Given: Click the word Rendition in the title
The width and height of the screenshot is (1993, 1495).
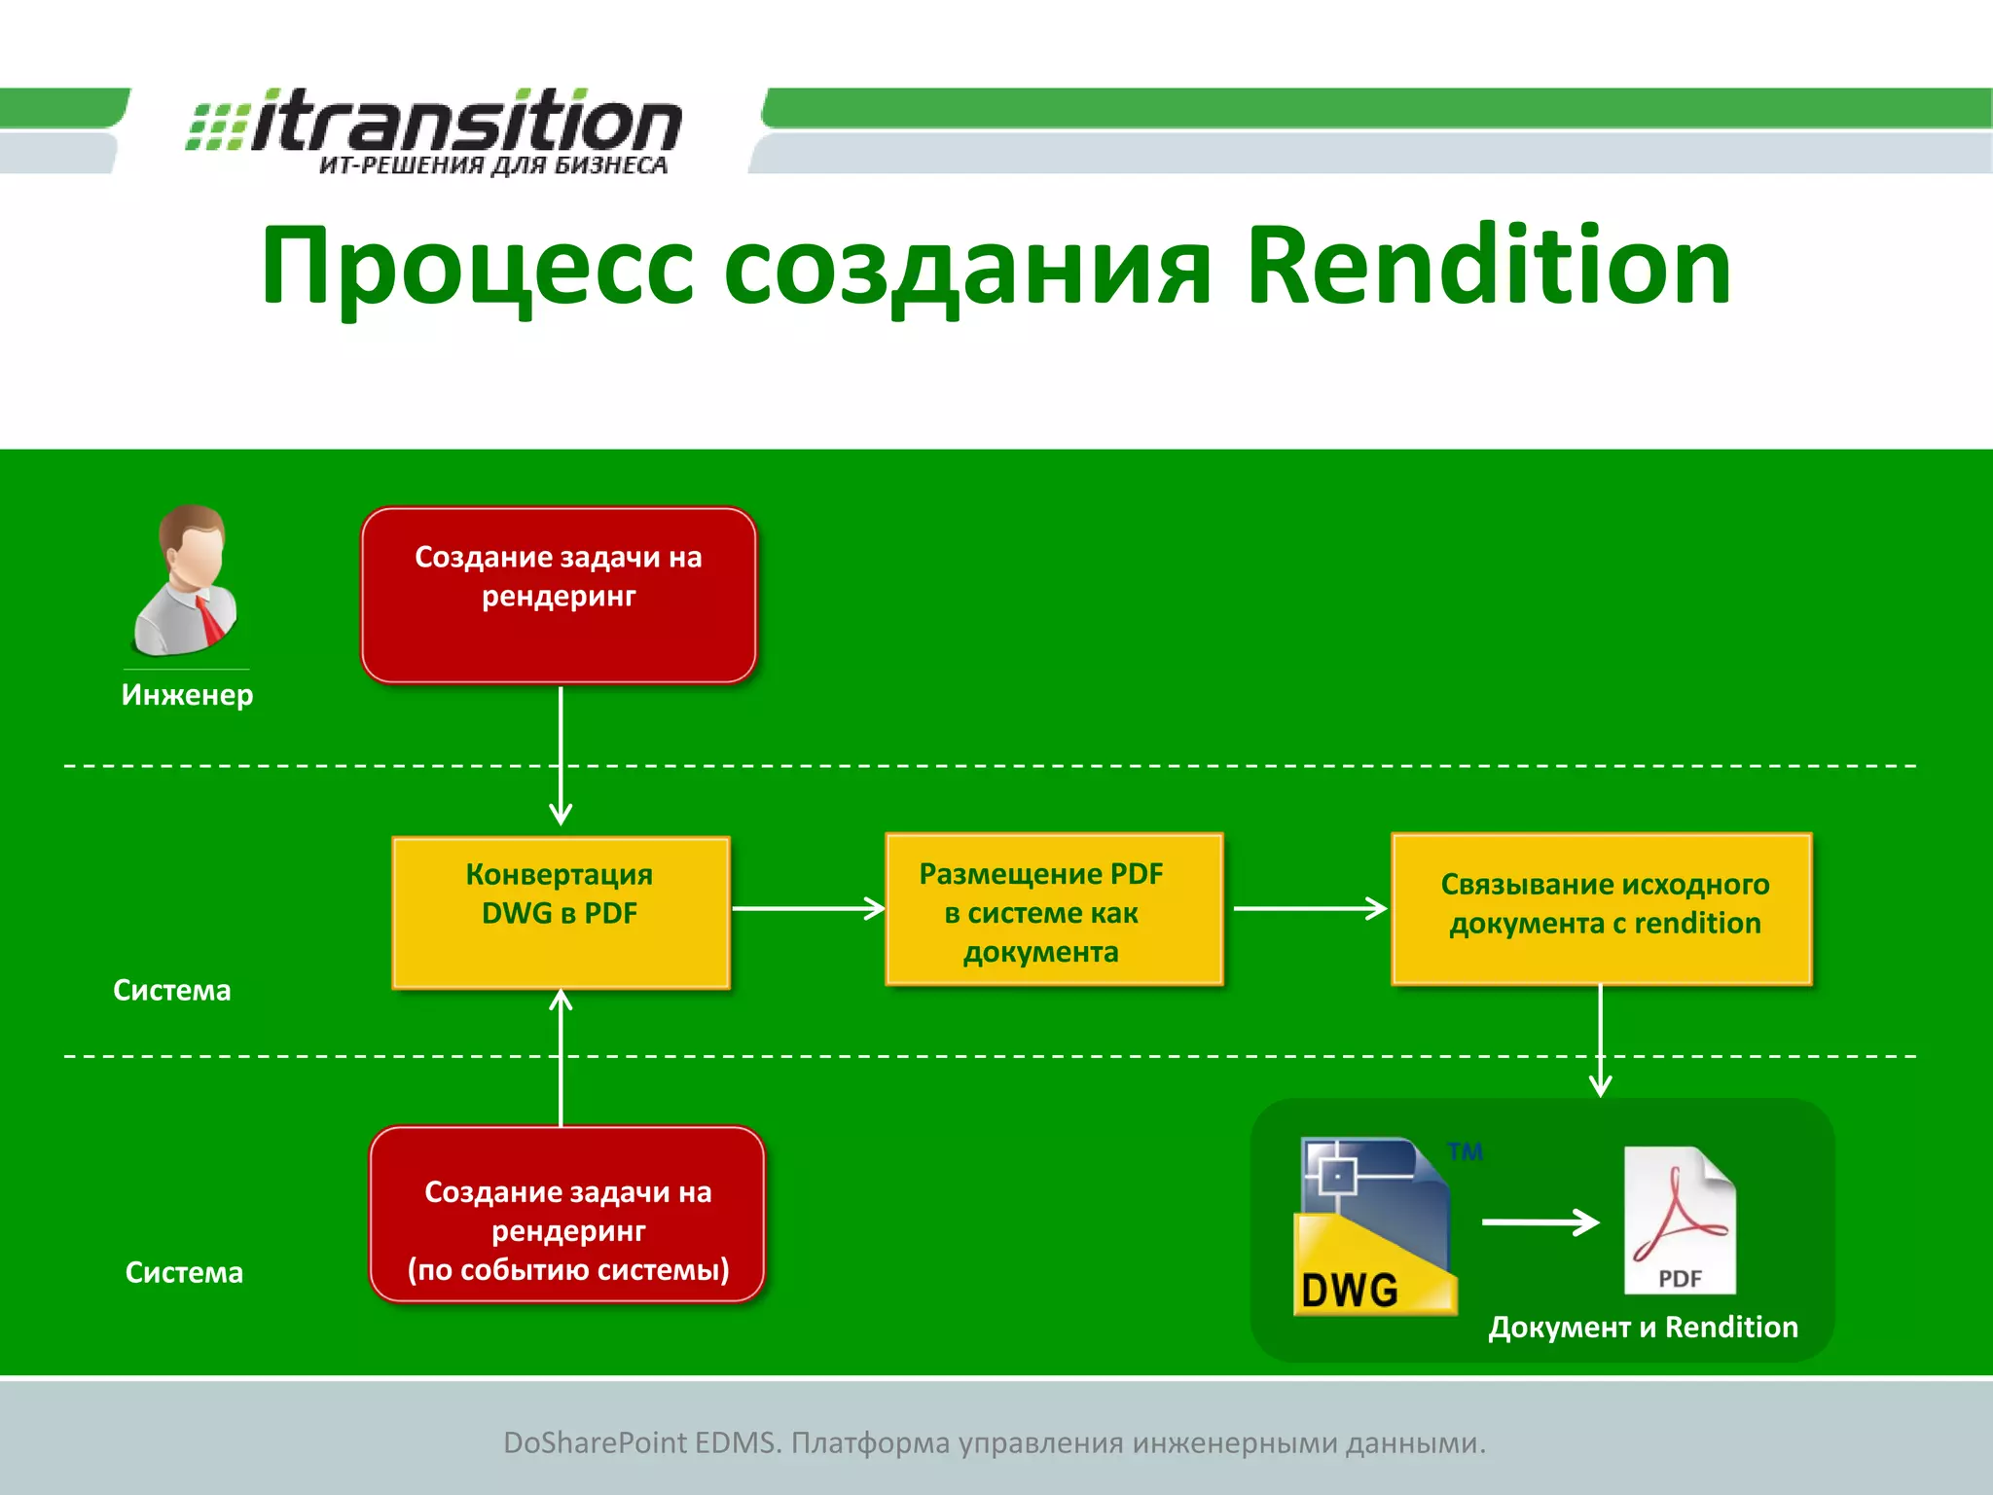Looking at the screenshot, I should click(x=1488, y=266).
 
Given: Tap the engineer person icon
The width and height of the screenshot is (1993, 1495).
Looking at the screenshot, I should click(x=186, y=580).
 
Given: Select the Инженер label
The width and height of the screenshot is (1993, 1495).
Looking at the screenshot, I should click(x=187, y=695).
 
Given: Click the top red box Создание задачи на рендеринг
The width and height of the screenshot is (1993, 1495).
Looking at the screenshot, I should click(x=559, y=595).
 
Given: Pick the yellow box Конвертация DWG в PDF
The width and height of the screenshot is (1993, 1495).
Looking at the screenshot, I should click(x=561, y=912).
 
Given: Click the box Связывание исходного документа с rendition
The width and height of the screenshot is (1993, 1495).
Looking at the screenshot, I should click(x=1602, y=908).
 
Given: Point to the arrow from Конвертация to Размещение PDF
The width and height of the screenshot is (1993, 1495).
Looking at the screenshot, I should click(x=808, y=909).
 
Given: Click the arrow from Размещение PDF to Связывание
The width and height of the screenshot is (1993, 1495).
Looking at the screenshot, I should click(x=1309, y=909).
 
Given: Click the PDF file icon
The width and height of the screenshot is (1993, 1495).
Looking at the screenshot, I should click(x=1679, y=1221).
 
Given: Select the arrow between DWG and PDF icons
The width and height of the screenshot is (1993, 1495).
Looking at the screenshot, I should click(x=1540, y=1222).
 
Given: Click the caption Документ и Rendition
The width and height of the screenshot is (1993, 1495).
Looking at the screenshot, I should click(x=1643, y=1328).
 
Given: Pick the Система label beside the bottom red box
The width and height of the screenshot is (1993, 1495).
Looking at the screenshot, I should click(x=184, y=1273).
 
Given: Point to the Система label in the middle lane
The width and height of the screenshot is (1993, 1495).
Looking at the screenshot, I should click(x=172, y=991).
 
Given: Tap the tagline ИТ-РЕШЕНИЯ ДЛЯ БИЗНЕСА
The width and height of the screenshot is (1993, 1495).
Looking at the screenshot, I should click(x=493, y=165).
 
